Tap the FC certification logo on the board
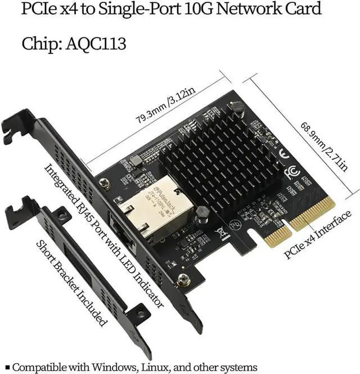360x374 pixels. click(292, 170)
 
